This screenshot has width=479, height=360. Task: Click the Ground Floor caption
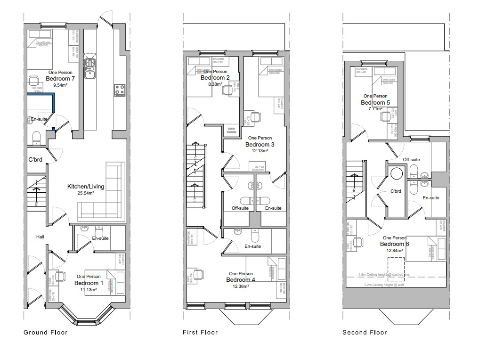[x=46, y=332]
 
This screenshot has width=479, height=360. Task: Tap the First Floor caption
[x=200, y=332]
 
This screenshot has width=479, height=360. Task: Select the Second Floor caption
[x=365, y=332]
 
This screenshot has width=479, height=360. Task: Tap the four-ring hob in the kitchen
[x=119, y=89]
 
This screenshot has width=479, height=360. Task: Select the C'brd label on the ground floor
[x=35, y=160]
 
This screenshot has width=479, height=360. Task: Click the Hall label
[x=40, y=237]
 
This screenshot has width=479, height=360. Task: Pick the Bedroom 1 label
[x=89, y=283]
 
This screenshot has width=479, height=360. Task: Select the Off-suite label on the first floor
[x=240, y=208]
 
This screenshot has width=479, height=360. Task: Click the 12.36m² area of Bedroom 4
[x=241, y=286]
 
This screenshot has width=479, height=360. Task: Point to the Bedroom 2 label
[x=215, y=78]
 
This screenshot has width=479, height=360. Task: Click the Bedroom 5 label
[x=375, y=103]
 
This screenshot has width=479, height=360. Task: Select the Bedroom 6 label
[x=395, y=244]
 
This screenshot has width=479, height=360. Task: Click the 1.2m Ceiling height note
[x=383, y=285]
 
